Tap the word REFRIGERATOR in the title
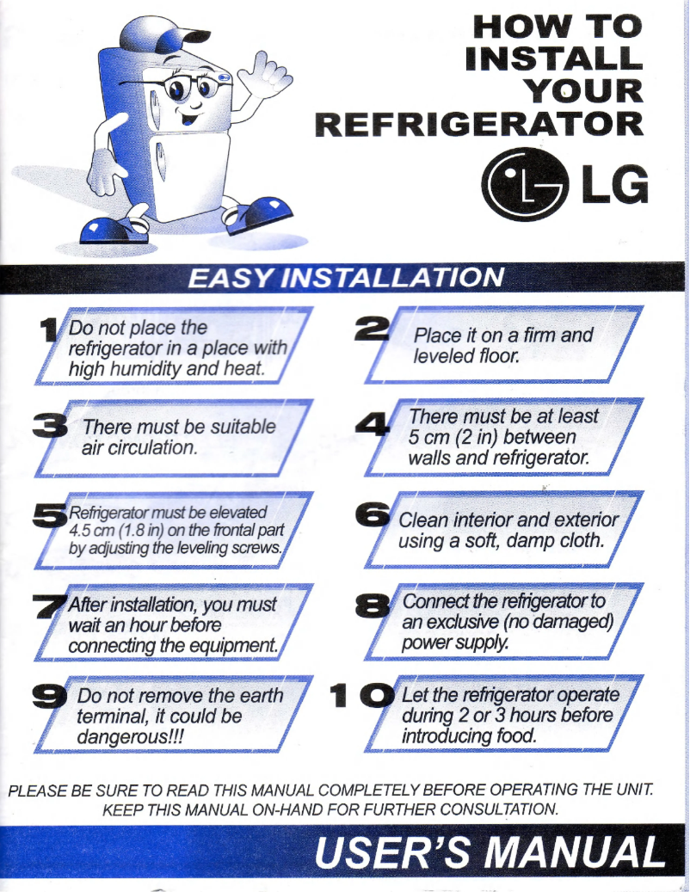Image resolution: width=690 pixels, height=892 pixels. [x=479, y=123]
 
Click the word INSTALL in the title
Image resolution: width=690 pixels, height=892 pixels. [x=553, y=58]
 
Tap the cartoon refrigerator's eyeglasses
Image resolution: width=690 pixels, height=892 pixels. [x=177, y=86]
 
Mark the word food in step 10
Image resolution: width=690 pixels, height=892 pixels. [x=512, y=736]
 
